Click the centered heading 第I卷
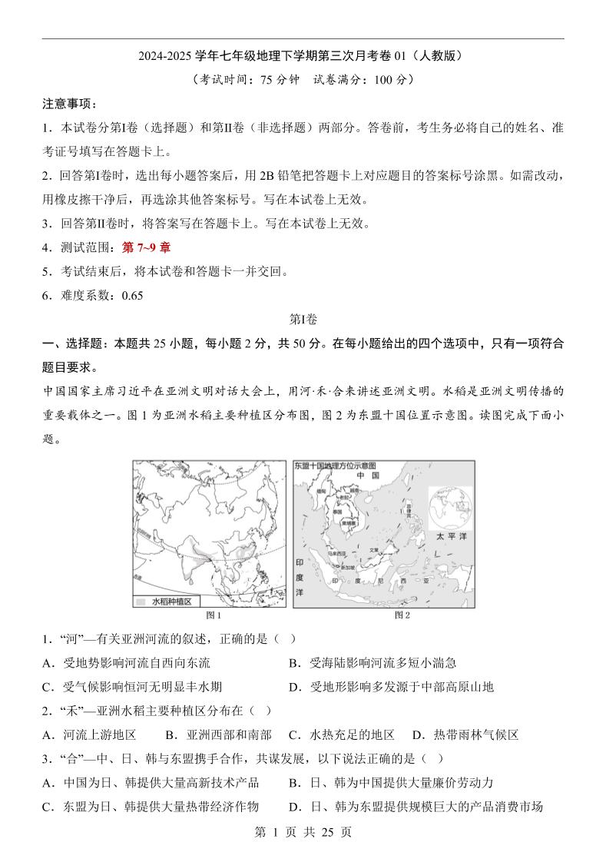[x=303, y=319]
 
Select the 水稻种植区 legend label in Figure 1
[x=171, y=602]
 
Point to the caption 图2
[x=402, y=615]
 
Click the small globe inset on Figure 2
[x=452, y=503]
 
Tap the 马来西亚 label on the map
[x=336, y=552]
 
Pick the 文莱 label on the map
[x=374, y=549]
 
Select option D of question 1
[x=391, y=686]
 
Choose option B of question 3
[x=391, y=782]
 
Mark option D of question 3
[x=416, y=806]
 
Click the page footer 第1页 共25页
[x=303, y=831]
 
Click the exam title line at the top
[x=303, y=56]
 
